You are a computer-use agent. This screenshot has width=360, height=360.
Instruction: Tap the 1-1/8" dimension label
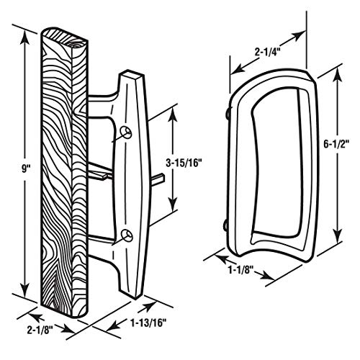[241, 274]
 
